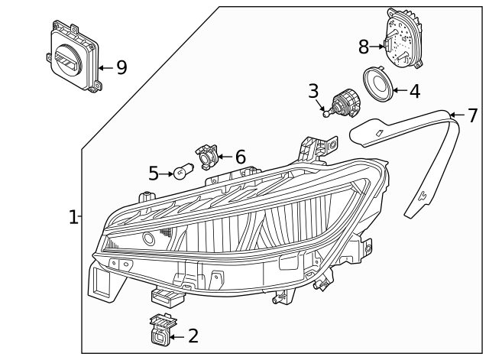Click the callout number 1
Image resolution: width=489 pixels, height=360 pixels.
tap(73, 218)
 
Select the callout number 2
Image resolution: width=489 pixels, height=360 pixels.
tap(193, 336)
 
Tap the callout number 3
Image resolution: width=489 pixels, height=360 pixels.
tap(313, 91)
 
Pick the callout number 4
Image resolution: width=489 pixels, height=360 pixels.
tap(414, 92)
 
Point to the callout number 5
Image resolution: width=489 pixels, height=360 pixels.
tap(154, 174)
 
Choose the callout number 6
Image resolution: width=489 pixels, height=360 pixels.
tap(240, 157)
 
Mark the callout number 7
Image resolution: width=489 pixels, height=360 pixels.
tap(472, 115)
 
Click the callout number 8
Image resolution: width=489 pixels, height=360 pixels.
tap(364, 47)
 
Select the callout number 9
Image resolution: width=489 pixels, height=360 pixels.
tap(121, 67)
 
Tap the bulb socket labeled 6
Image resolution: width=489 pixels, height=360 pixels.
tap(207, 155)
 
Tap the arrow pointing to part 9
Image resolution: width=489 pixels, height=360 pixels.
tap(105, 67)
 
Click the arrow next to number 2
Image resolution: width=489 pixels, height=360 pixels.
tap(177, 336)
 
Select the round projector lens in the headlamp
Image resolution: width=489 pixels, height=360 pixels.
tap(148, 238)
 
